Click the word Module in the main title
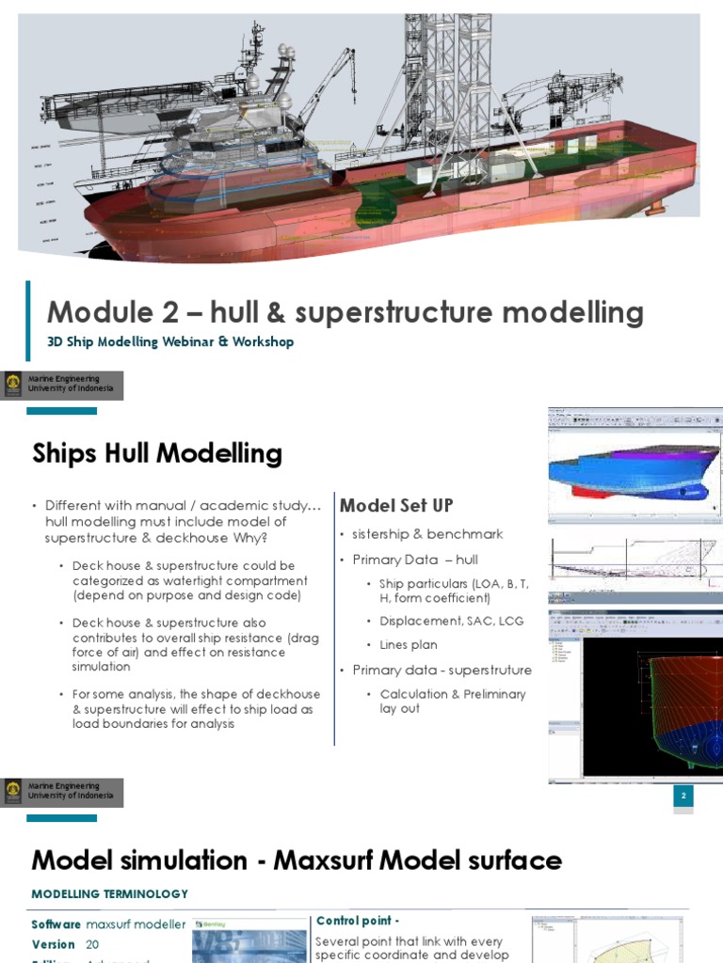pos(100,312)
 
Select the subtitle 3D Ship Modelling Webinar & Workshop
pos(170,342)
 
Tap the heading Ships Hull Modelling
pos(157,454)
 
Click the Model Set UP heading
pos(396,506)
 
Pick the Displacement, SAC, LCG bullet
pos(451,621)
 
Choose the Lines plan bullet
pos(408,645)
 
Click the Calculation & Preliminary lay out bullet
pos(452,701)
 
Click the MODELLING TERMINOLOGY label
pos(109,894)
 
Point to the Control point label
pos(358,922)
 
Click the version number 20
pos(92,944)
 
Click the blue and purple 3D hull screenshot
pos(635,466)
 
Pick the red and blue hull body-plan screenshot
pos(635,696)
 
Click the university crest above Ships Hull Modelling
pos(13,384)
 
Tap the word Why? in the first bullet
pos(250,538)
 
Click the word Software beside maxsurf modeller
pos(56,924)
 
